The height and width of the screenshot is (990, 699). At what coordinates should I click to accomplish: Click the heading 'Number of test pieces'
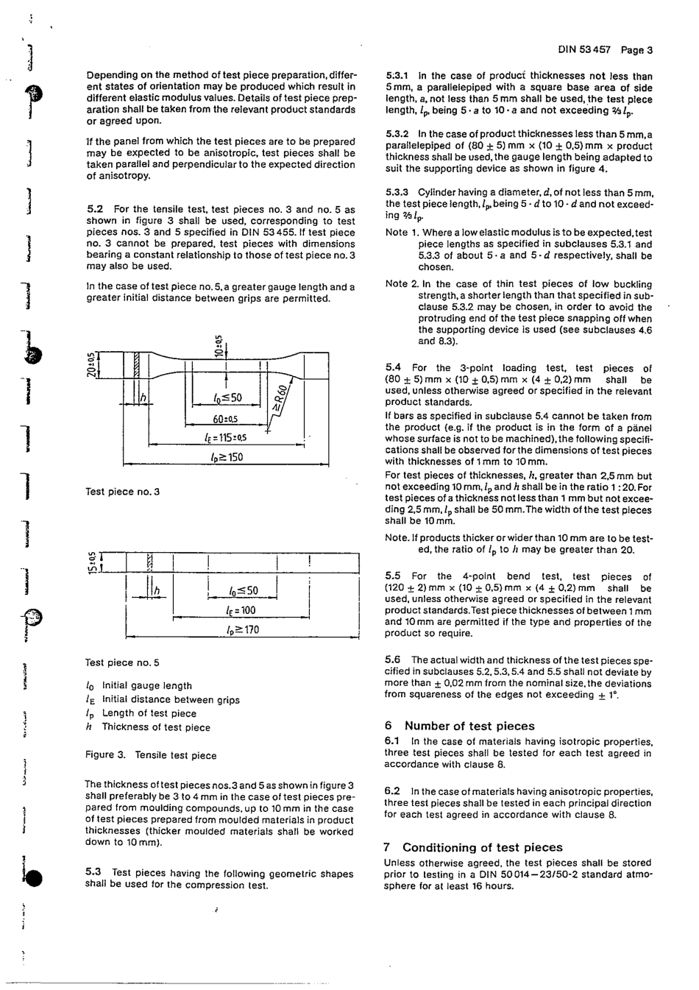coord(469,726)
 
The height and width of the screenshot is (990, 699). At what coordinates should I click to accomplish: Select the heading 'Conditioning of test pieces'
coord(482,847)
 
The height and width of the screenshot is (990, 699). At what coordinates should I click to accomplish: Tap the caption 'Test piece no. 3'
coord(123,492)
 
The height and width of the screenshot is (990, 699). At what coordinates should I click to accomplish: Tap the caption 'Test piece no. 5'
coord(122,662)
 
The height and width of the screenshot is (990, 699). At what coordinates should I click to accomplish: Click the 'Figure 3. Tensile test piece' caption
coord(151,755)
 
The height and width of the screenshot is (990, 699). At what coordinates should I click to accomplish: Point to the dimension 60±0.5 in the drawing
coord(225,420)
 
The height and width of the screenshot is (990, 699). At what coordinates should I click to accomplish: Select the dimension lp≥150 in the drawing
coord(226,457)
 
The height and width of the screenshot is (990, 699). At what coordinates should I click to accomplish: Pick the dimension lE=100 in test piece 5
coord(241,610)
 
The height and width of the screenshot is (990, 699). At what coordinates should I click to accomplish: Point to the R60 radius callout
coord(277,402)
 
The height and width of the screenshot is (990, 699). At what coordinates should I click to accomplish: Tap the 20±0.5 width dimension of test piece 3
coord(91,364)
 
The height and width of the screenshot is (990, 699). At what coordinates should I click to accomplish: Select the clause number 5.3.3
coord(398,192)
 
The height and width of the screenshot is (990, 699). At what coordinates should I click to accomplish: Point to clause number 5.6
coord(393,660)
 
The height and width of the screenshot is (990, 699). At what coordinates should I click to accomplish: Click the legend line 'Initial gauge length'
coord(146,685)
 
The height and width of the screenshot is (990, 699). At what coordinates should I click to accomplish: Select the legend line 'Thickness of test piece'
coord(155,727)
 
